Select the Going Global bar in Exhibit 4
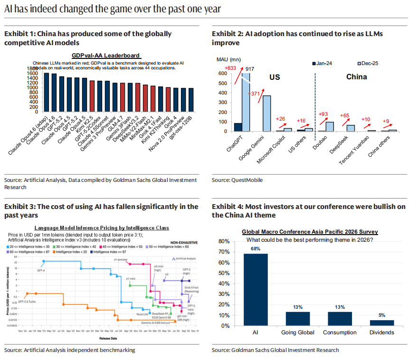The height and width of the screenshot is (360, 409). click(297, 318)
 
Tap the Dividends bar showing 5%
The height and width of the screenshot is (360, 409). click(381, 322)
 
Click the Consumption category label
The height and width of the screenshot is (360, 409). click(340, 332)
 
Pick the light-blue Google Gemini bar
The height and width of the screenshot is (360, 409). click(266, 113)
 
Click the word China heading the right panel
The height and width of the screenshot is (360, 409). click(356, 77)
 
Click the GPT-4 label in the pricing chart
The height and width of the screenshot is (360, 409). click(41, 270)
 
